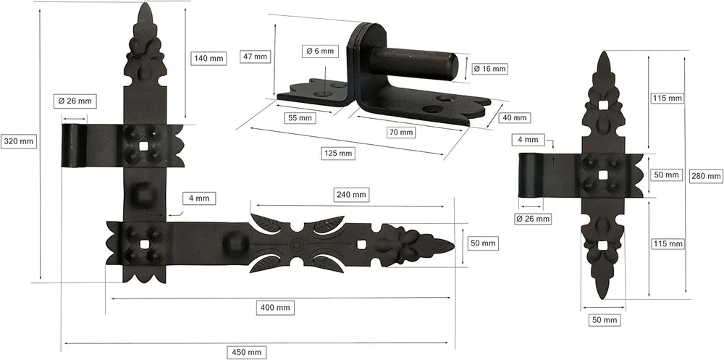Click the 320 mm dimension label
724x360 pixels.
tap(19, 141)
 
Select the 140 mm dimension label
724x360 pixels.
tap(209, 58)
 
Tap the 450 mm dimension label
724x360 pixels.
tap(247, 352)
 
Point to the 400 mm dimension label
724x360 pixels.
tap(275, 307)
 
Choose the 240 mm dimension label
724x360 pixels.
tap(353, 195)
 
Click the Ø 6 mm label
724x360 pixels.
tap(321, 51)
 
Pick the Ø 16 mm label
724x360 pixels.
tap(489, 69)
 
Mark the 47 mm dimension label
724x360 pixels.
tap(254, 56)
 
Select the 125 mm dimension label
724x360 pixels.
tap(338, 153)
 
